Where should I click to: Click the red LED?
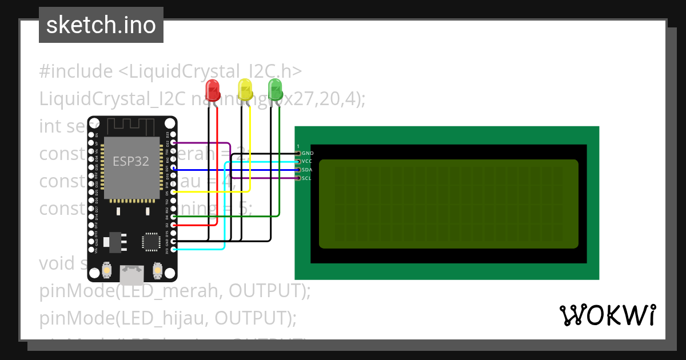[213, 90]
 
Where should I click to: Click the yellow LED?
[245, 90]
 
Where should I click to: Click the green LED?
[276, 90]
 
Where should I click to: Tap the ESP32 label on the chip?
[131, 161]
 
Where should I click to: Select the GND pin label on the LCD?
[308, 153]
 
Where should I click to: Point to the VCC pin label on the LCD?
[307, 162]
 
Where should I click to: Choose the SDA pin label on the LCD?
[307, 170]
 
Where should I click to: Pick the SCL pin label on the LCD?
[306, 178]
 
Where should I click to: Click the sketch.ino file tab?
[101, 25]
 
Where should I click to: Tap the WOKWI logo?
[607, 315]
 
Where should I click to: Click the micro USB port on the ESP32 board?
[132, 275]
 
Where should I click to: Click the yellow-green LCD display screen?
[448, 204]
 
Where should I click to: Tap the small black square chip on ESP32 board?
[151, 241]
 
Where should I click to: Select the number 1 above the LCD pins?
[298, 146]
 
